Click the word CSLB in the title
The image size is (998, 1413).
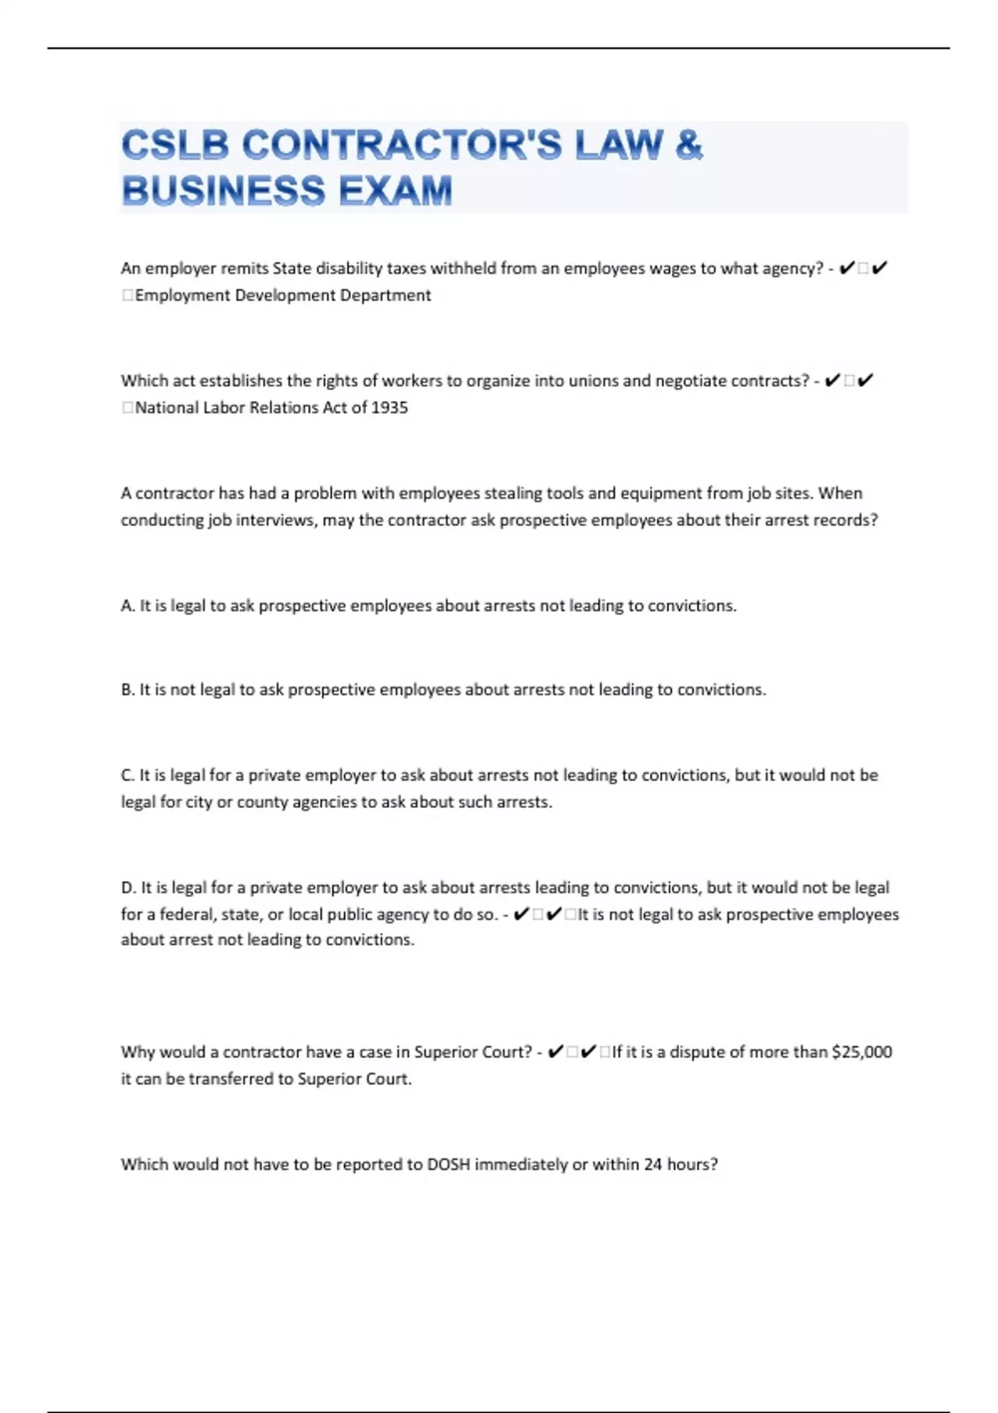tap(175, 145)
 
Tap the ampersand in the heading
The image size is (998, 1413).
tap(689, 145)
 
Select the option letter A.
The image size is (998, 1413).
tap(127, 606)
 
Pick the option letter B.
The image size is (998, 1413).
tap(127, 690)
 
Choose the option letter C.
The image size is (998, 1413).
tap(127, 775)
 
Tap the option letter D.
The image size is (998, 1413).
tap(128, 888)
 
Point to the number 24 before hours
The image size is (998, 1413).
tap(653, 1164)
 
